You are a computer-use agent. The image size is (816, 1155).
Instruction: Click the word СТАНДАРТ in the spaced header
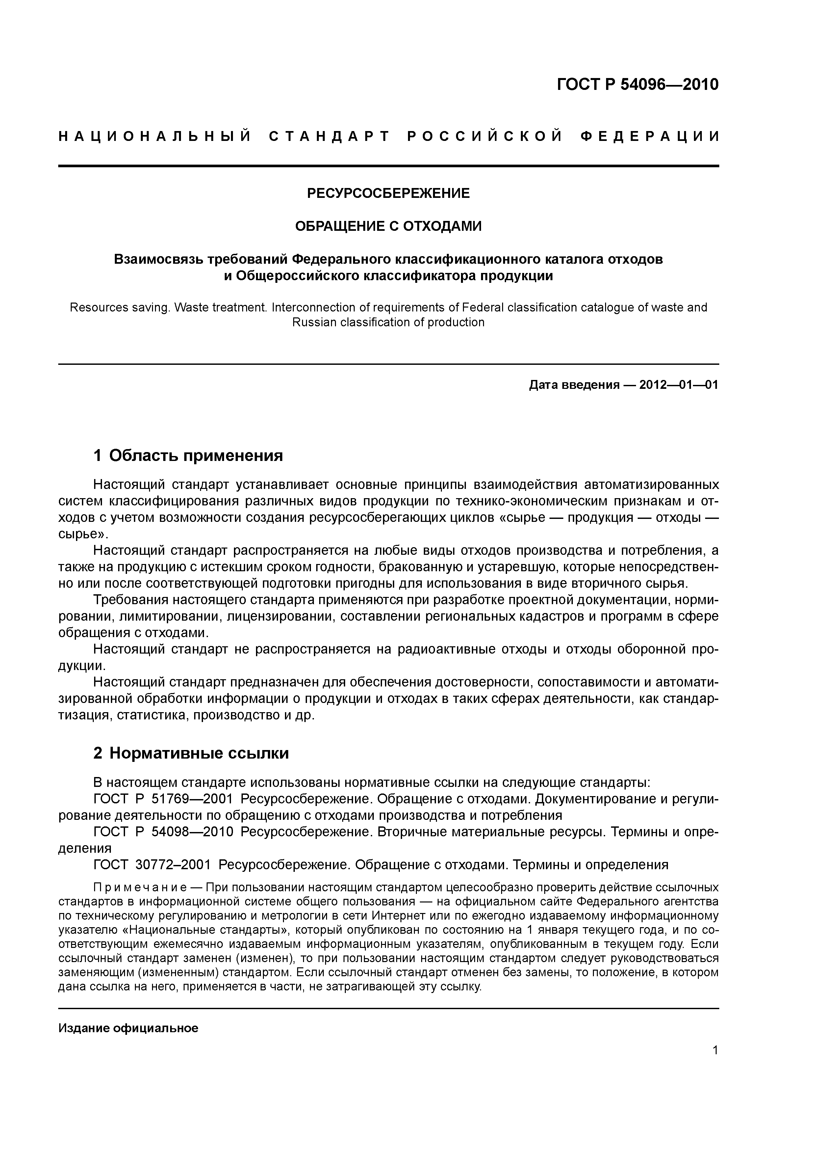tap(329, 136)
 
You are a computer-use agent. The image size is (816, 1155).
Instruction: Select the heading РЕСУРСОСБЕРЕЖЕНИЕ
tap(388, 193)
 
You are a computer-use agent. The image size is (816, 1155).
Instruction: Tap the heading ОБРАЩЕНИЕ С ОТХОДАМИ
tap(388, 227)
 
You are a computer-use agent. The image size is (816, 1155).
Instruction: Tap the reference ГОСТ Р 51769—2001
tap(164, 799)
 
